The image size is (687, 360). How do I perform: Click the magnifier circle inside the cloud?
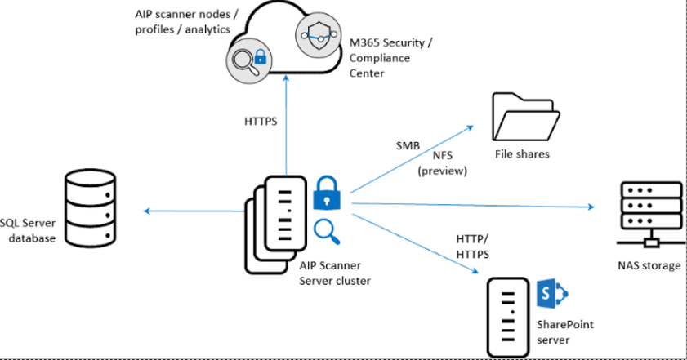[248, 60]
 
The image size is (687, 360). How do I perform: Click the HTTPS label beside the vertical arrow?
[261, 122]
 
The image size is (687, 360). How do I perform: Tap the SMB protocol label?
[407, 145]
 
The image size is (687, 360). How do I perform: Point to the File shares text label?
[522, 153]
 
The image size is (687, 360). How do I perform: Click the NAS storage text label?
[649, 264]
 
